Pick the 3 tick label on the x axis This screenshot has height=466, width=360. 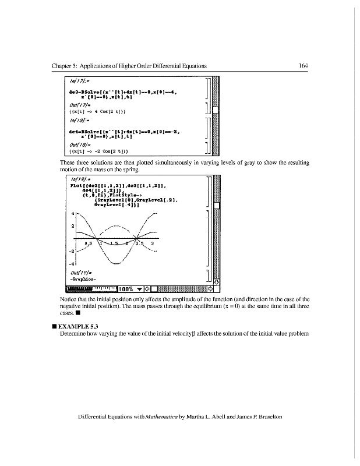(152, 243)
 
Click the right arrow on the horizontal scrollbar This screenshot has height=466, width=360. (211, 288)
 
